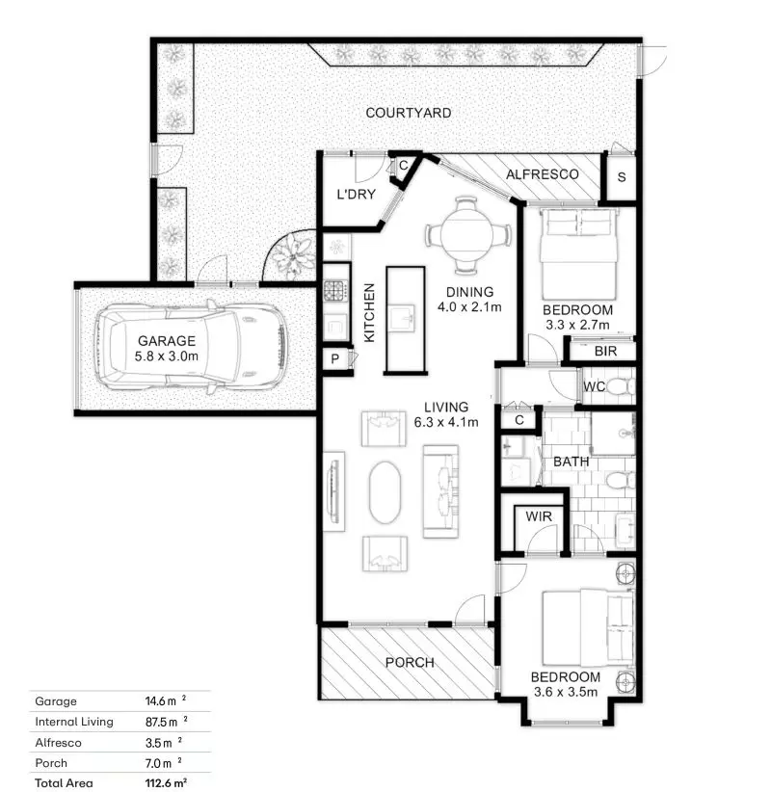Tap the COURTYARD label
[408, 113]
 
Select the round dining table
[466, 234]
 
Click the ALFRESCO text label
[543, 174]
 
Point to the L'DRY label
[353, 196]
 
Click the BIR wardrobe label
[605, 351]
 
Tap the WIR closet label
[537, 516]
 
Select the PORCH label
[410, 663]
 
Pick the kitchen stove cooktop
[334, 290]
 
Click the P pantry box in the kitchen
[334, 359]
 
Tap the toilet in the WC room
[620, 387]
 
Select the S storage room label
[622, 177]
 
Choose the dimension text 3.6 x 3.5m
[565, 691]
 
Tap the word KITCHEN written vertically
[368, 313]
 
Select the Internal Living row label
[74, 722]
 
